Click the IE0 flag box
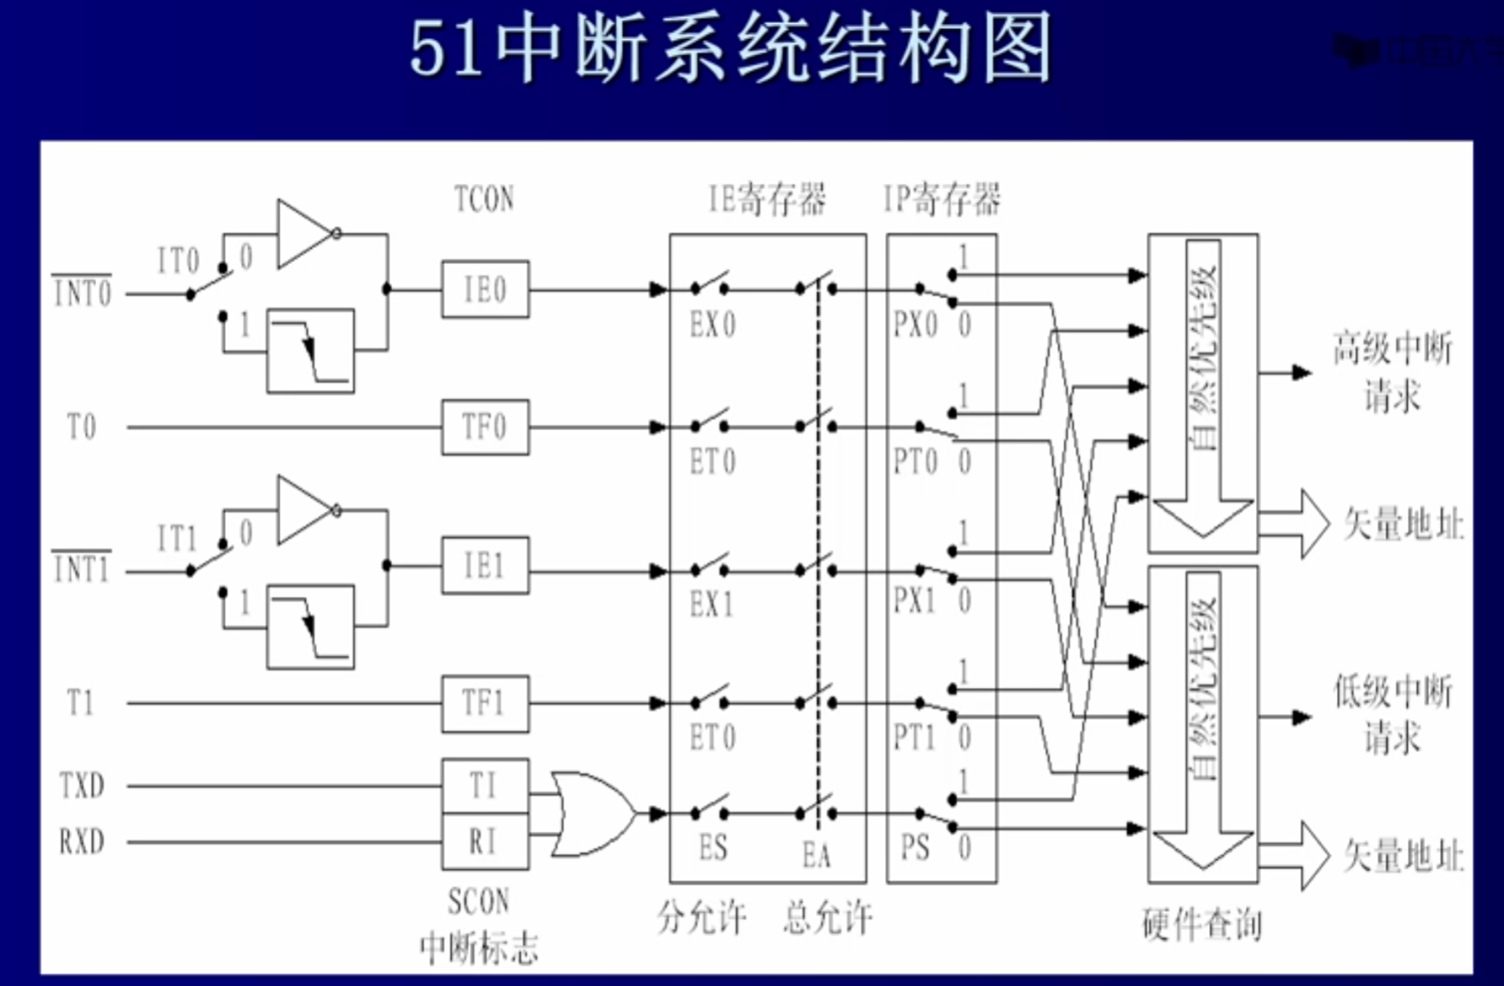484,290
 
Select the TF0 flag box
484,427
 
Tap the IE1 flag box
484,566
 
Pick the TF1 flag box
484,704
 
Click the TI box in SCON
484,785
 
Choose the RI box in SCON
484,842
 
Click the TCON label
483,199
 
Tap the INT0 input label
82,293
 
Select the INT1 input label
82,568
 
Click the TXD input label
82,785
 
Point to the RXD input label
82,842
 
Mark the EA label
816,855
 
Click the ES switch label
713,848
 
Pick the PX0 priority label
915,325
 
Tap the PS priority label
914,848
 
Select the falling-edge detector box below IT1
310,626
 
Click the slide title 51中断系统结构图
731,49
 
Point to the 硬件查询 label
1202,924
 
